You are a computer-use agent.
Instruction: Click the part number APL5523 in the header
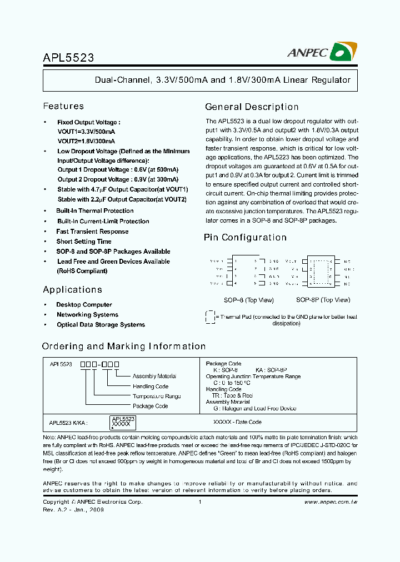click(x=68, y=57)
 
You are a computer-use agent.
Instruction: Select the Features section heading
click(x=63, y=106)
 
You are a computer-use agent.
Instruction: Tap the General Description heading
click(x=252, y=107)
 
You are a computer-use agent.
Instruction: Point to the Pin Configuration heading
click(x=245, y=238)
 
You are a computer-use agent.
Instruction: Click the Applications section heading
click(x=72, y=290)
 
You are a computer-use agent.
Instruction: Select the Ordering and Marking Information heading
click(x=124, y=347)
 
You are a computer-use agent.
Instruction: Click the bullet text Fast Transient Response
click(x=92, y=232)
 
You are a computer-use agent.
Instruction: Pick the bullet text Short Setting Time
click(x=83, y=242)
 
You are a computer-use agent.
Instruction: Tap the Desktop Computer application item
click(x=84, y=305)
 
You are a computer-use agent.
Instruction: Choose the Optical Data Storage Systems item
click(x=101, y=325)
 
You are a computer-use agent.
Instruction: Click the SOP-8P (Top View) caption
click(x=323, y=300)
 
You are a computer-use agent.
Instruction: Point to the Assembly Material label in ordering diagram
click(x=154, y=377)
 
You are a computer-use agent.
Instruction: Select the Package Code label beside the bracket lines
click(x=150, y=407)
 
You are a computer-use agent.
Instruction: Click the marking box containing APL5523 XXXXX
click(x=122, y=421)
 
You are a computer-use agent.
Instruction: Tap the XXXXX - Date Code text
click(x=237, y=422)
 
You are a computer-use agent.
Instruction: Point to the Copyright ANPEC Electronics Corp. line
click(x=92, y=502)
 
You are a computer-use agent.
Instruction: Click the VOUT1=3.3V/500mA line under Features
click(x=86, y=132)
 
